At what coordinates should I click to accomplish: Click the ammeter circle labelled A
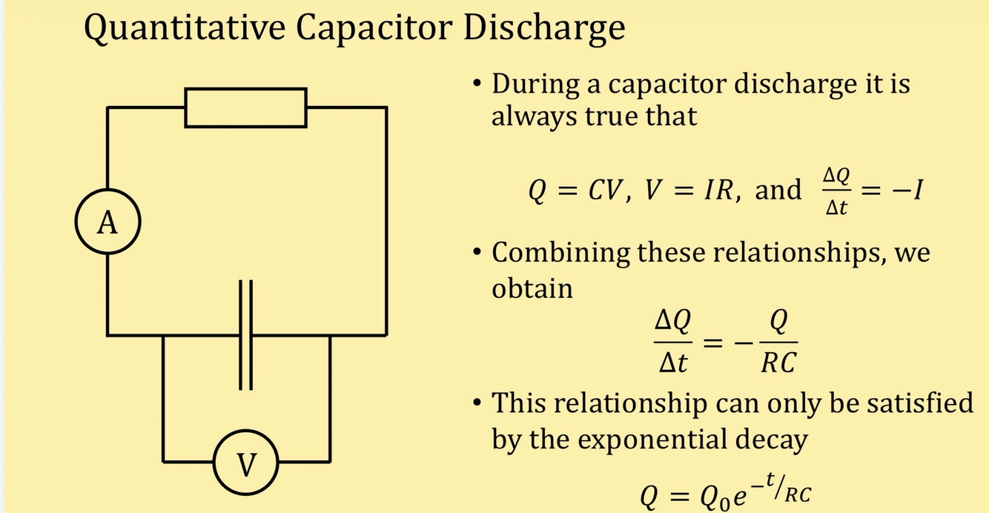[107, 222]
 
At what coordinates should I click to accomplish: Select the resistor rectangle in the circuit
[245, 107]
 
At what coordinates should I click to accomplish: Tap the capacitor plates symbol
[246, 334]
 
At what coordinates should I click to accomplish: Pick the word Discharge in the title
[544, 29]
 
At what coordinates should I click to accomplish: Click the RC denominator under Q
[778, 363]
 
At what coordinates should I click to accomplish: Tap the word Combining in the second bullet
[560, 254]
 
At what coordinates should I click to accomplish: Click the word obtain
[532, 288]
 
